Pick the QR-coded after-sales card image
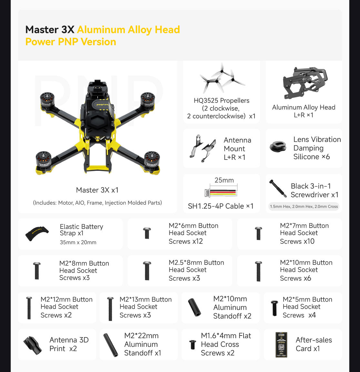point(281,345)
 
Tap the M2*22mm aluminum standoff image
point(111,345)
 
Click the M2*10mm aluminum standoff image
point(195,307)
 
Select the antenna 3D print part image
point(33,345)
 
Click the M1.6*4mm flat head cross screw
point(193,345)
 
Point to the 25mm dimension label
point(224,180)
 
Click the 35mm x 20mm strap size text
point(78,243)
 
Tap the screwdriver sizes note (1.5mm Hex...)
point(304,206)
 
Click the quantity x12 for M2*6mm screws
point(197,241)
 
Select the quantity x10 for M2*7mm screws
point(309,241)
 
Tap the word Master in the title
point(42,30)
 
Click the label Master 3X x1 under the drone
point(97,190)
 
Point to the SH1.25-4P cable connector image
point(221,193)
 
